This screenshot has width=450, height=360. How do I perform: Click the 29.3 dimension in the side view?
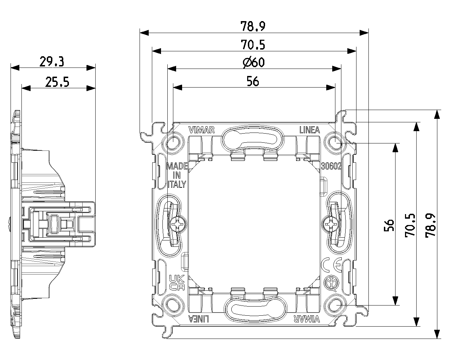pos(51,62)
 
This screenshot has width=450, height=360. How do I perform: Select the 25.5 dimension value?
pos(57,82)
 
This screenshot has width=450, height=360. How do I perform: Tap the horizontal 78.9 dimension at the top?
pos(253,26)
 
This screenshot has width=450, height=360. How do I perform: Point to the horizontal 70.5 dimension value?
pos(253,45)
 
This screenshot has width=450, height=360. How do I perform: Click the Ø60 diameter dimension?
pos(253,63)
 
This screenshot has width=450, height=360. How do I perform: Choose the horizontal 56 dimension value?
pos(253,82)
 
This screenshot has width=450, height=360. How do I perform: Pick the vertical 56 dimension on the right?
pos(388,225)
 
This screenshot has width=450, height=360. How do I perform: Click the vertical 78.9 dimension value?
pos(430,225)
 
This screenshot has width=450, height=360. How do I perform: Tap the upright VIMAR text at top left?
pos(201,130)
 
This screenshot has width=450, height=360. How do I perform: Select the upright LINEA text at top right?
pos(309,130)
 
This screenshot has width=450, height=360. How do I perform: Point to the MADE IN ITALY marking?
pos(176,175)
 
